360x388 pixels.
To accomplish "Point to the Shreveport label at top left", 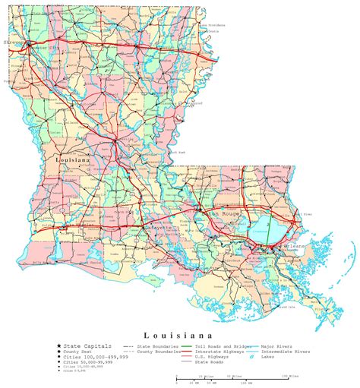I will click(14, 44).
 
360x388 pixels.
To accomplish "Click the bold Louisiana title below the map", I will click(178, 334).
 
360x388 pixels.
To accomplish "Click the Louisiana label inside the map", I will click(73, 161).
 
